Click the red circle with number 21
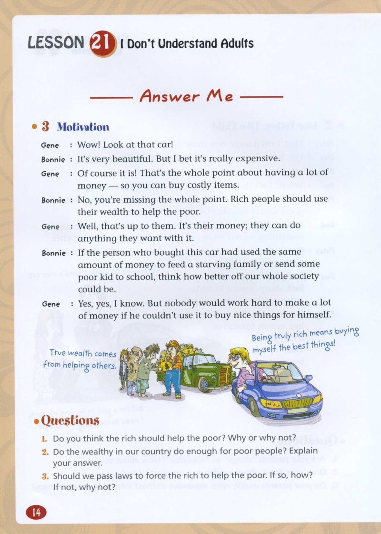[103, 43]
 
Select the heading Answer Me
[186, 97]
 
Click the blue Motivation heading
[83, 127]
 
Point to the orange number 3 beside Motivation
[45, 126]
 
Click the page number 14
[36, 512]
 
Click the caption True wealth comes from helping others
[82, 359]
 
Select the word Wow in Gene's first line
[87, 145]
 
